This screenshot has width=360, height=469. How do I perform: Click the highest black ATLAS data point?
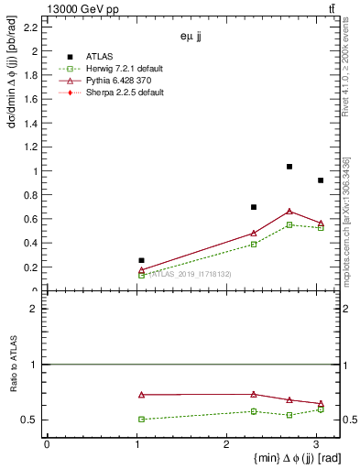point(289,167)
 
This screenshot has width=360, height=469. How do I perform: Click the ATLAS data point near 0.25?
point(141,260)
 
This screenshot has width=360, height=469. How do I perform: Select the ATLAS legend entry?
point(101,55)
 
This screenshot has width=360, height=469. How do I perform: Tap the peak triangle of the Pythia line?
point(289,212)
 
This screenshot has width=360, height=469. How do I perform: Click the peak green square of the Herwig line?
point(289,224)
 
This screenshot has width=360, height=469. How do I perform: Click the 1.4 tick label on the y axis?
point(31,124)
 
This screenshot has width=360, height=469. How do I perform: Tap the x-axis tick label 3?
point(316,444)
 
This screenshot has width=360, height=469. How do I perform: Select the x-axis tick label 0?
point(47,444)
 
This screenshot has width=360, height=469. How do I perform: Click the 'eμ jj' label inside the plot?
point(191,37)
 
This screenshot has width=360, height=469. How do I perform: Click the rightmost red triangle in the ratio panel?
point(321,404)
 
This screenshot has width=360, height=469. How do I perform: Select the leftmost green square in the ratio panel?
point(141,419)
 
